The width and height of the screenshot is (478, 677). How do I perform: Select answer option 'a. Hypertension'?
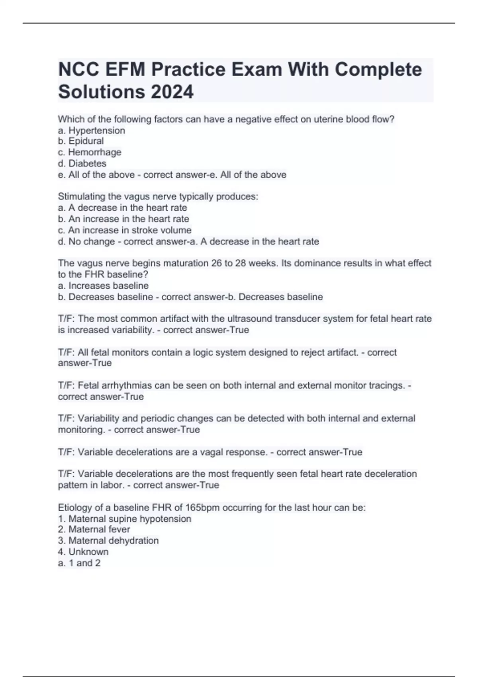click(x=92, y=130)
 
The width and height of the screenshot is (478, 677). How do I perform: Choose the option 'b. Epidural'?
click(x=81, y=141)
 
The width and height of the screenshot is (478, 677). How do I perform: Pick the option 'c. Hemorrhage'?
click(x=90, y=152)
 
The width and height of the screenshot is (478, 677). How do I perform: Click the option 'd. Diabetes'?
click(x=82, y=163)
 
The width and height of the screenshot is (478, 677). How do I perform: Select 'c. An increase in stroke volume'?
click(x=125, y=230)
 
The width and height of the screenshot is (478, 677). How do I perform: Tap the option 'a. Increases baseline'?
click(x=103, y=286)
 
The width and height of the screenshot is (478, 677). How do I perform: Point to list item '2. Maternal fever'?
click(x=94, y=529)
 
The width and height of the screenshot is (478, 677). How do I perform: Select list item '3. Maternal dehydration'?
click(x=108, y=540)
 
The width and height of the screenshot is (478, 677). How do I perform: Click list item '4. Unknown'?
click(x=83, y=552)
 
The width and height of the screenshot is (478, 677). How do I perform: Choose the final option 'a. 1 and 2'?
click(x=79, y=563)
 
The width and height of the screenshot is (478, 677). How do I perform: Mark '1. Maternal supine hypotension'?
click(x=125, y=519)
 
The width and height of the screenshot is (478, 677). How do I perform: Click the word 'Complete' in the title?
click(x=378, y=70)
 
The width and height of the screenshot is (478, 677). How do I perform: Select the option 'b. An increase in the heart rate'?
click(x=123, y=219)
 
